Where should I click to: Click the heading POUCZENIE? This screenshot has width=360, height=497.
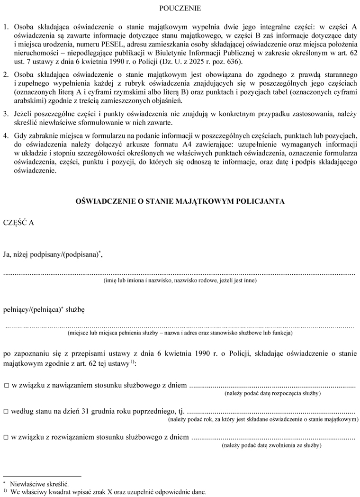(x=180, y=8)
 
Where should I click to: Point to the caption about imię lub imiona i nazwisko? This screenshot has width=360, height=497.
(x=180, y=281)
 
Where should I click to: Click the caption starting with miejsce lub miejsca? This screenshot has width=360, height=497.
(x=180, y=333)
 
